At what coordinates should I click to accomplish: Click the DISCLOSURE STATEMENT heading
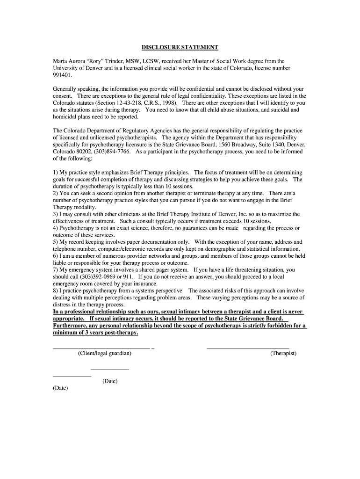[x=180, y=47]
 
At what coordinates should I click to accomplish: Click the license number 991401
[x=61, y=75]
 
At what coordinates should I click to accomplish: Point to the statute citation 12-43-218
[x=138, y=102]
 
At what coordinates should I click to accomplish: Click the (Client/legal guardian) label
[x=105, y=353]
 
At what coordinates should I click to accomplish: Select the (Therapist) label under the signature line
[x=283, y=353]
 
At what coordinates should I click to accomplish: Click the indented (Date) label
[x=110, y=381]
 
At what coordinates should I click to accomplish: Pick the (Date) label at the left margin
[x=60, y=388]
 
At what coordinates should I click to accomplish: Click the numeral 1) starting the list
[x=56, y=173]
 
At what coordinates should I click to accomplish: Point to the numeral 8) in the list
[x=56, y=290]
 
